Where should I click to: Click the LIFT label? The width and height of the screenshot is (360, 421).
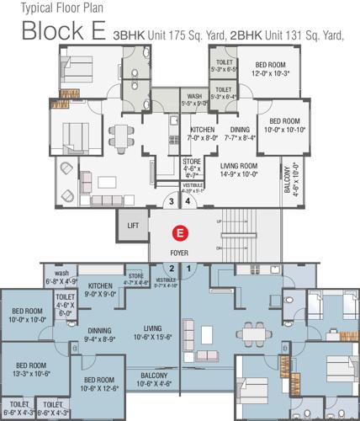click(133, 226)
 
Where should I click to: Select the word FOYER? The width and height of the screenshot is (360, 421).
click(178, 250)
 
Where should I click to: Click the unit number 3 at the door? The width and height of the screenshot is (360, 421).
click(171, 202)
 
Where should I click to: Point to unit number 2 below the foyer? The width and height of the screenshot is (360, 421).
click(171, 269)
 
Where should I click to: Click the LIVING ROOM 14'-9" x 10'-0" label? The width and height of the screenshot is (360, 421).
click(237, 171)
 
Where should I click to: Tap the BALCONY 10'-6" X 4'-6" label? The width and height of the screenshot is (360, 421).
click(153, 380)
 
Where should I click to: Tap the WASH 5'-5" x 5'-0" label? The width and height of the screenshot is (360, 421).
click(194, 100)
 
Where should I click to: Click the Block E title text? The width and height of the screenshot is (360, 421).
click(63, 32)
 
